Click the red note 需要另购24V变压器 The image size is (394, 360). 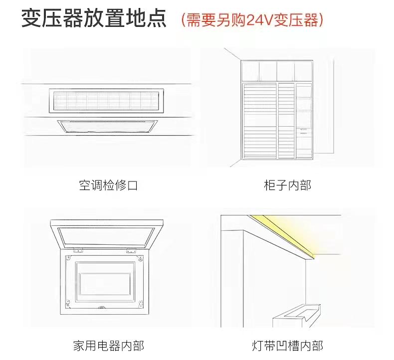252,19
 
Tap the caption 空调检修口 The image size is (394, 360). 108,185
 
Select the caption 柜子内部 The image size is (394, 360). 287,185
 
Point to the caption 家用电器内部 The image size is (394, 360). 109,346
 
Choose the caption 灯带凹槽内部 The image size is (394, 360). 287,346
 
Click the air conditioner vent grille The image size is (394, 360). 106,101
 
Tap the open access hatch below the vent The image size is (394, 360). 107,127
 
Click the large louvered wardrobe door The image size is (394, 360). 260,121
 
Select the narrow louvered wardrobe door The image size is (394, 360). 286,121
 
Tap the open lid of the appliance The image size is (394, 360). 107,234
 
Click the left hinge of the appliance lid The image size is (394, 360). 78,250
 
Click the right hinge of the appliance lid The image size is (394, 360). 131,250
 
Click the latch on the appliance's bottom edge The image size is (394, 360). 102,307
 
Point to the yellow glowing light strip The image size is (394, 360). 284,236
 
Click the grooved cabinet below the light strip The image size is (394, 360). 297,316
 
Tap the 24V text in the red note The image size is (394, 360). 260,19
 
